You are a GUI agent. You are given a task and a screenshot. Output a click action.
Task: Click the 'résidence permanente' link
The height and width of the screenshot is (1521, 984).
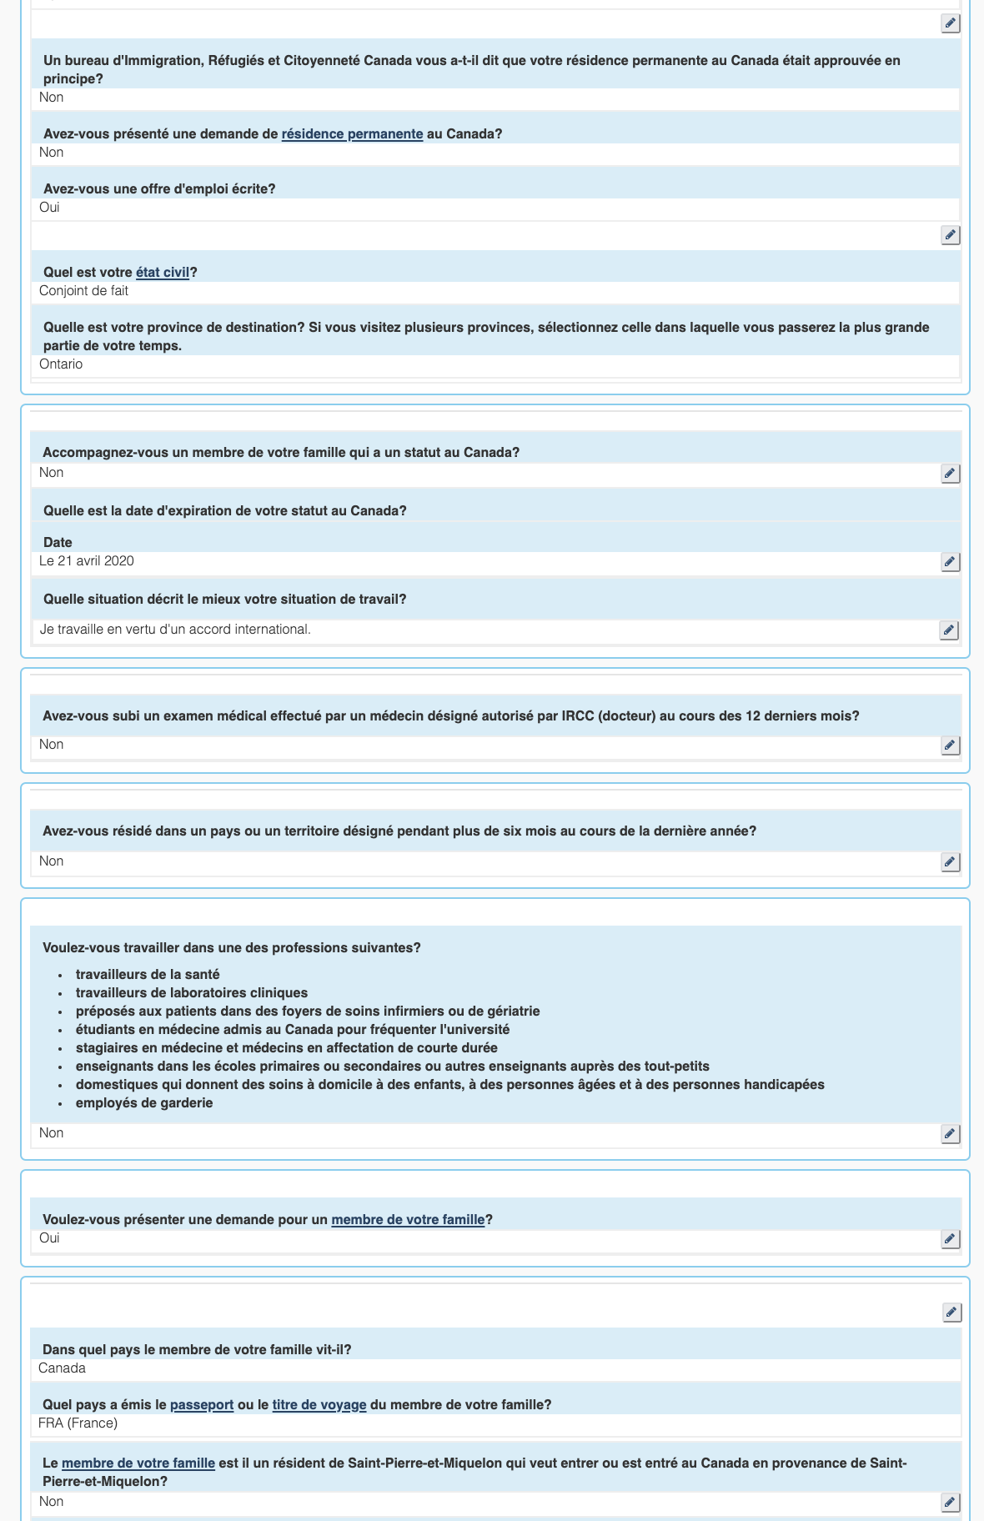(x=352, y=134)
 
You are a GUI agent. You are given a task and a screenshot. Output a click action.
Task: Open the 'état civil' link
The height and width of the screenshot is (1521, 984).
(x=163, y=273)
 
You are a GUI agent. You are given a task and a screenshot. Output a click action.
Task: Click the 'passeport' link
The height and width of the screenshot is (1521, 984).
(x=202, y=1405)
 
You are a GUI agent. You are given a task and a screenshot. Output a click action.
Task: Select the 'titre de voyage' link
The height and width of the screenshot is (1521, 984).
(x=319, y=1405)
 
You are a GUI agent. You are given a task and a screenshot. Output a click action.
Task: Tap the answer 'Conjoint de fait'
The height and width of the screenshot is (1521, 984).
(x=83, y=291)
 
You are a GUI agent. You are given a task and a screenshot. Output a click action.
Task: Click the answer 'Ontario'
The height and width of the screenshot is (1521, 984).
(x=61, y=364)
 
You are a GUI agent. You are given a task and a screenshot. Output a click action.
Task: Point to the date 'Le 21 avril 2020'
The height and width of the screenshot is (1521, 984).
(x=87, y=561)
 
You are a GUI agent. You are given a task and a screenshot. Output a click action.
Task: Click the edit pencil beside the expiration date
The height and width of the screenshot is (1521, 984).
(x=950, y=562)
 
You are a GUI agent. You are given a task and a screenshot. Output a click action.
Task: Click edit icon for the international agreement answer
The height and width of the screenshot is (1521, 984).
(x=949, y=630)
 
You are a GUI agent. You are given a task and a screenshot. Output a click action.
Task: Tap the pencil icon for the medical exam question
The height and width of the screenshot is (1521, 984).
(x=950, y=745)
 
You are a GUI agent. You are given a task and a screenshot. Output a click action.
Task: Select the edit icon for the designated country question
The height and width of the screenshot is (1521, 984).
(x=950, y=862)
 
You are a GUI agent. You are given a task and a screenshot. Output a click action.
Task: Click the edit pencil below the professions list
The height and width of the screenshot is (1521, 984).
(x=950, y=1134)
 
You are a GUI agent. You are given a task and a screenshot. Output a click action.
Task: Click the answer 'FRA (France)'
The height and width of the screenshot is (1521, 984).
(x=78, y=1423)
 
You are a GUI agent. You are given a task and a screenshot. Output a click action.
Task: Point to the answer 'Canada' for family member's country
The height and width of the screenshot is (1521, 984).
(x=62, y=1368)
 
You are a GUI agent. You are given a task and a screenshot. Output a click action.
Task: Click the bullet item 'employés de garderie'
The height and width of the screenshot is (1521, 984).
(x=144, y=1103)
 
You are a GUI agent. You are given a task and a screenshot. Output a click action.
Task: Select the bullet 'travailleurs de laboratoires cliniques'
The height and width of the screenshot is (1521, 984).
(x=192, y=993)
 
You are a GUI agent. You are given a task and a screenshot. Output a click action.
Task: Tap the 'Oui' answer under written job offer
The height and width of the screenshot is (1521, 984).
(x=49, y=208)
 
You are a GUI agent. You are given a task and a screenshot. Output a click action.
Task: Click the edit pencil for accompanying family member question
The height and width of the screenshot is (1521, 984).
(x=950, y=474)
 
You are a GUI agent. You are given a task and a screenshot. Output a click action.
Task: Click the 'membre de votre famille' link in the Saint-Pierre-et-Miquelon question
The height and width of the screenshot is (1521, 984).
(x=138, y=1463)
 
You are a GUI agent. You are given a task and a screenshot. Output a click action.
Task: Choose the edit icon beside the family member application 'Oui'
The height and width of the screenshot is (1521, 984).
(x=950, y=1239)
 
